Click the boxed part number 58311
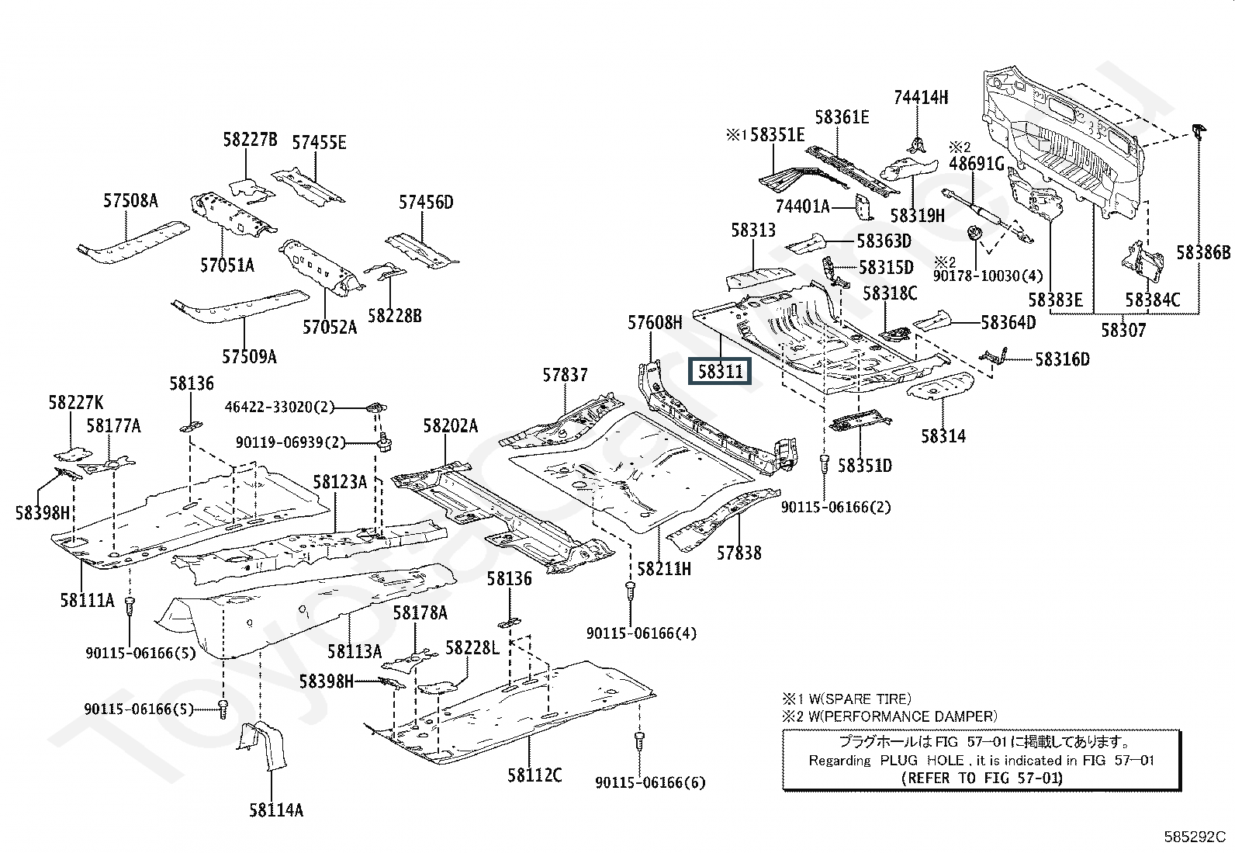tap(721, 372)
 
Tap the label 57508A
tap(130, 201)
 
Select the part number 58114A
tap(276, 810)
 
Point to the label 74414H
tap(921, 97)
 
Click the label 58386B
tap(1202, 252)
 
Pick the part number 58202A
tap(451, 426)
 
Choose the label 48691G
tap(977, 164)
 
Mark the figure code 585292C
tap(1194, 837)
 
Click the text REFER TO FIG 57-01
tap(982, 778)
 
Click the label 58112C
tap(535, 775)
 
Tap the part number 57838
tap(739, 553)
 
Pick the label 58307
tap(1123, 330)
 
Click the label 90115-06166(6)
tap(651, 782)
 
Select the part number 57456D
tap(426, 203)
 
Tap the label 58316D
tap(1062, 359)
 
